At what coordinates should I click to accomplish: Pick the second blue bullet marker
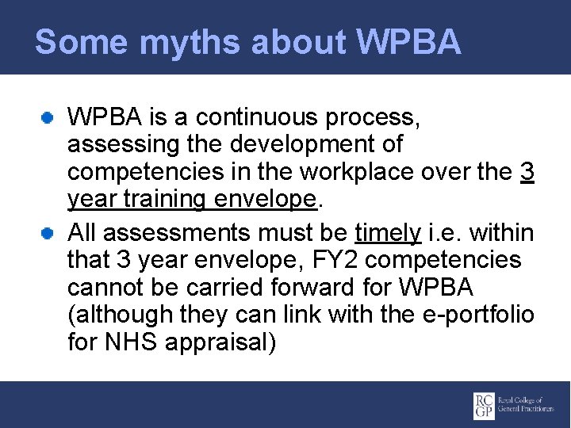48,233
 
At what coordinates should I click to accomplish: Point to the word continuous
262,118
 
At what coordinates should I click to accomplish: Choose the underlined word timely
388,232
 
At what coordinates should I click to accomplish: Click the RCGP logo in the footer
508,405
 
